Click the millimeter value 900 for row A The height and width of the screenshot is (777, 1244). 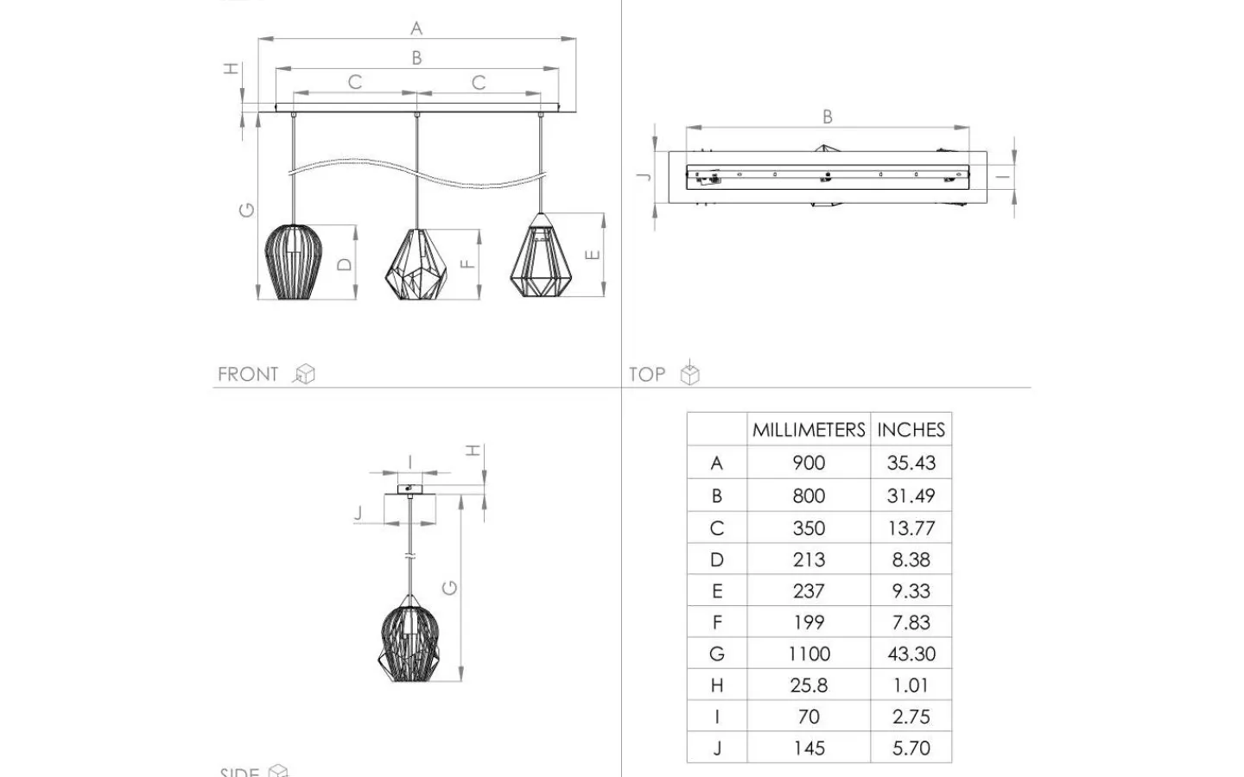tap(809, 463)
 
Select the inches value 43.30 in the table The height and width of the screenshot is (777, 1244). tap(911, 654)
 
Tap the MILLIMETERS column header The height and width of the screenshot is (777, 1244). tap(809, 430)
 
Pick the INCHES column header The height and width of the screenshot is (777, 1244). tap(911, 430)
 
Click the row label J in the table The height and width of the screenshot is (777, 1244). tap(717, 749)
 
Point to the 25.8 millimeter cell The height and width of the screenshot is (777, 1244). tap(809, 685)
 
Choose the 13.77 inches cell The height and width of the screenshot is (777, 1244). tap(911, 527)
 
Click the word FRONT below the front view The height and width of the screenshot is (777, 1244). tap(248, 374)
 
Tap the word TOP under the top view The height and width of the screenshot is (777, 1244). tap(647, 374)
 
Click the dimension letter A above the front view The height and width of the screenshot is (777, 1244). tap(416, 28)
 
